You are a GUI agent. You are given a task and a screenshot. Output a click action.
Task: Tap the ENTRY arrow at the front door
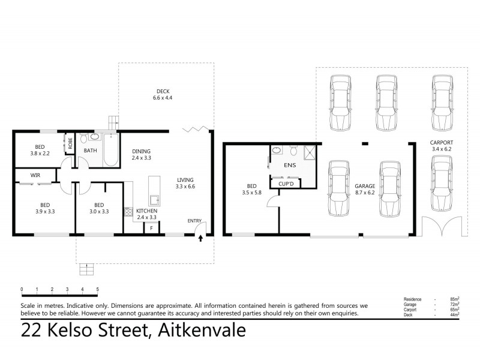click(201, 238)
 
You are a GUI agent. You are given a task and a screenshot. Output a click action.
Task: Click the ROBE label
click(70, 143)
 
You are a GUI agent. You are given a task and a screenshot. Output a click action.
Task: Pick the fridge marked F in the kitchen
click(152, 228)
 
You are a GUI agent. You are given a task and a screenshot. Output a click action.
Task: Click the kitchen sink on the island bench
click(153, 200)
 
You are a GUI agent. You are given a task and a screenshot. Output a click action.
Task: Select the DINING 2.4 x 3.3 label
click(142, 154)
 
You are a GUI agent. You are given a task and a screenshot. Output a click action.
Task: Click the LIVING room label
click(185, 183)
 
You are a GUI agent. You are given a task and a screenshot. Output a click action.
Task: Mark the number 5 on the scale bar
click(97, 289)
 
